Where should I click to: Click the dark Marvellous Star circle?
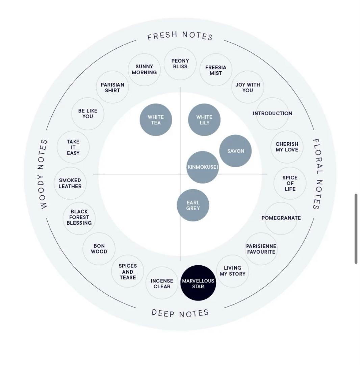[x=198, y=283]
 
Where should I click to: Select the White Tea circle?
[x=156, y=120]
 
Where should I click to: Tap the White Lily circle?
[x=204, y=120]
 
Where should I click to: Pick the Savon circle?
[x=235, y=151]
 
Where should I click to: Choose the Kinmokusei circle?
[x=203, y=167]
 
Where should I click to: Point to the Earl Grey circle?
[x=193, y=205]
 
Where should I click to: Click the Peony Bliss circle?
[x=180, y=64]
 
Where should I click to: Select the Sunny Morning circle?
[x=144, y=70]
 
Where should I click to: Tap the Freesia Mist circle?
[x=216, y=70]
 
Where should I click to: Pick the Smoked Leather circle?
[x=70, y=183]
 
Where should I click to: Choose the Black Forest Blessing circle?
[x=79, y=218]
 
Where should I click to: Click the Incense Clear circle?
[x=162, y=283]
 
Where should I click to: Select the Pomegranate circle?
[x=281, y=218]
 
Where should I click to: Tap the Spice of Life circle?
[x=290, y=183]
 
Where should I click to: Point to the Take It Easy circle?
[x=73, y=147]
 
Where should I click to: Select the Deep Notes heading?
[x=180, y=313]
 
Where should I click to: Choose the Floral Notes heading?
[x=317, y=174]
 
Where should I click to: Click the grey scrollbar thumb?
[x=356, y=228]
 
